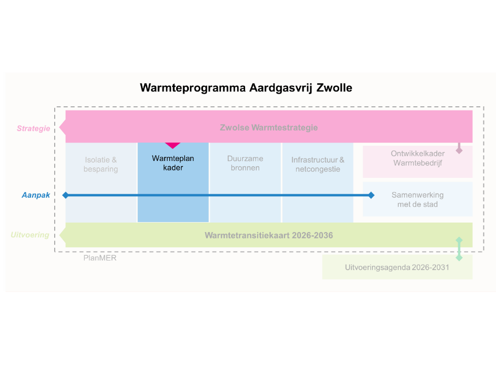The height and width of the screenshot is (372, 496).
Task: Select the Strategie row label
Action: (33, 128)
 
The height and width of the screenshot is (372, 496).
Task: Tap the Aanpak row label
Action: (36, 195)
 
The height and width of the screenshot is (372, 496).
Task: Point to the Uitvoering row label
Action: (30, 235)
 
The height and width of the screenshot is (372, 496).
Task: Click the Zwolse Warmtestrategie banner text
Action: (268, 128)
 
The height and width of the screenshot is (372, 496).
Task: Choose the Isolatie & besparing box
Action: (100, 164)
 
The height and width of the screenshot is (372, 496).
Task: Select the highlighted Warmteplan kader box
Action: (173, 182)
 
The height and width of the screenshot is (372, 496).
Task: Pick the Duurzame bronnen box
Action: (245, 164)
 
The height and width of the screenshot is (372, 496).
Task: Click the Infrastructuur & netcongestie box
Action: (318, 164)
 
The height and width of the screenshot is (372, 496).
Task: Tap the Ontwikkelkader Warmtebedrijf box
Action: (417, 158)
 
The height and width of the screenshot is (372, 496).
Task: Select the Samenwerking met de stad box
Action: (417, 199)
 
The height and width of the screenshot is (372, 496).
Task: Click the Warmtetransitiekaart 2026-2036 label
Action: (269, 235)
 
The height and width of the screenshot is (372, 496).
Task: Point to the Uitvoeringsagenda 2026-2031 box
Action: (397, 267)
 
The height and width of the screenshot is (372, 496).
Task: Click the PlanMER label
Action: (100, 258)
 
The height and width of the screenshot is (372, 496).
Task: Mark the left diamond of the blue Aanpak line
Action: (66, 195)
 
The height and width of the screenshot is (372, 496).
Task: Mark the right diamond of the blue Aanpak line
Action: (371, 195)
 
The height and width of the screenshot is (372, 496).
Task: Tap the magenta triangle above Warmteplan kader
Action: (173, 145)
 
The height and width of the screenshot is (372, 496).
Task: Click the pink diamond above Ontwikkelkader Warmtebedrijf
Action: (459, 150)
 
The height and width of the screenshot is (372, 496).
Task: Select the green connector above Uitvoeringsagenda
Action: (459, 249)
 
